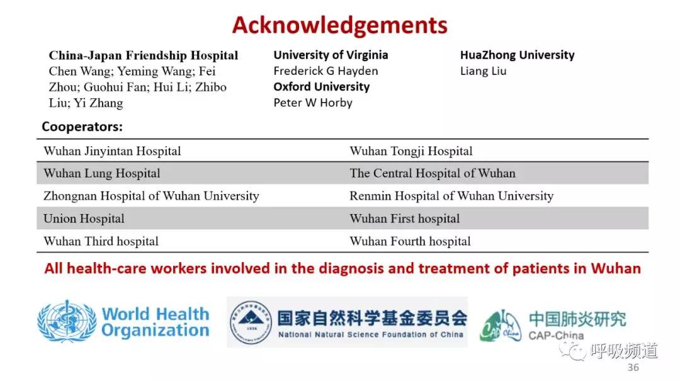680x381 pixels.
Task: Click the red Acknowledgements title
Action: click(x=339, y=25)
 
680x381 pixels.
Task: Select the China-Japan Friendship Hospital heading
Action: click(x=144, y=55)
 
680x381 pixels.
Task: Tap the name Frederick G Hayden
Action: click(x=326, y=71)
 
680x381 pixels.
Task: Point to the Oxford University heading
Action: click(x=321, y=87)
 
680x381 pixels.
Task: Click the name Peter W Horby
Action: click(x=313, y=103)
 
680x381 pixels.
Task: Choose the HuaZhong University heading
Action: click(x=518, y=55)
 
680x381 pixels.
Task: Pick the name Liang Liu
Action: click(x=483, y=71)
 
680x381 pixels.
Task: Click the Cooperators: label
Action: click(x=82, y=127)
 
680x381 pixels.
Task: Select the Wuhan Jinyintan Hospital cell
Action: click(x=112, y=151)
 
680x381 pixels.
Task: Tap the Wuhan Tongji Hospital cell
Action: click(x=411, y=151)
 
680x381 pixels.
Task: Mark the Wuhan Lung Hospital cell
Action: click(x=102, y=174)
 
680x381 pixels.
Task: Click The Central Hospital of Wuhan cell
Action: click(x=433, y=174)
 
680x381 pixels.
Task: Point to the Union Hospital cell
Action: click(x=84, y=219)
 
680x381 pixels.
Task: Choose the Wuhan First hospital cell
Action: click(x=405, y=219)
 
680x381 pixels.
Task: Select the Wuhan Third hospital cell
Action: click(x=101, y=241)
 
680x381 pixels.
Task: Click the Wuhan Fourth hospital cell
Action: click(x=411, y=241)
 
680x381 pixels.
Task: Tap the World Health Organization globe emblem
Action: click(x=67, y=322)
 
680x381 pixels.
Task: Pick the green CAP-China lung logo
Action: click(x=501, y=326)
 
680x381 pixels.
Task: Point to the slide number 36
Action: click(x=633, y=368)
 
